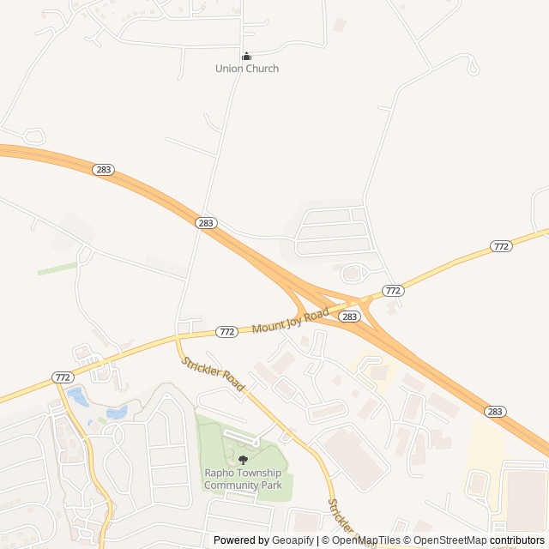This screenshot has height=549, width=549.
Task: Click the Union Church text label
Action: pos(247,69)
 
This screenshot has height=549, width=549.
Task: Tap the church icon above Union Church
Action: pos(247,57)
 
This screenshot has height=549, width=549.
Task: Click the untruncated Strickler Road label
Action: pos(213,375)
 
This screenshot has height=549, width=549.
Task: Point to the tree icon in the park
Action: pos(243,461)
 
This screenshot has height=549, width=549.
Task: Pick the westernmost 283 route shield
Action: pos(104,170)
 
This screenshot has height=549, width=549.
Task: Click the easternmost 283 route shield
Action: pos(495,412)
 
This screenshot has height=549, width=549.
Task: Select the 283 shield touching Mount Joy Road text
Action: pos(348,317)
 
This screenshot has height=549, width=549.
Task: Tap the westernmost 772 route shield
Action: pos(63,377)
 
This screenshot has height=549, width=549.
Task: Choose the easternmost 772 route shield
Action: pos(502,246)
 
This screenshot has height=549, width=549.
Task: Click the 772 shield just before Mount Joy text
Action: pos(226,331)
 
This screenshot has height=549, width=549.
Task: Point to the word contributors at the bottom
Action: pos(517,540)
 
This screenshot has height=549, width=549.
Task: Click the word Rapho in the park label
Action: pos(219,473)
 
